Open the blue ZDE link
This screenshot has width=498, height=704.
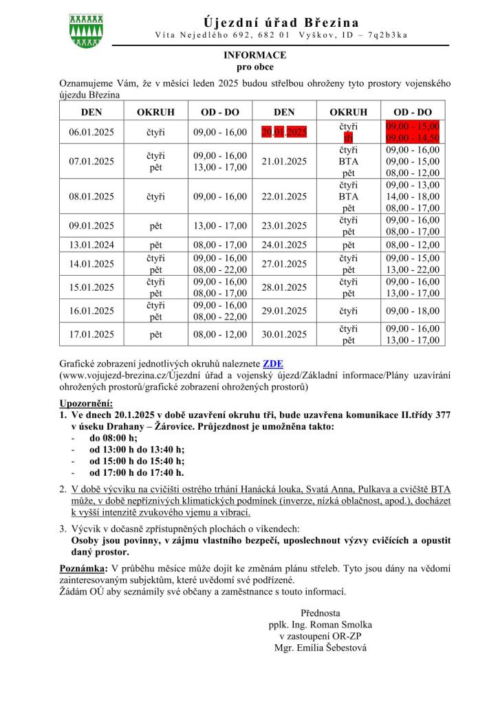coord(273,364)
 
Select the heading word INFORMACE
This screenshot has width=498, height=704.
coord(255,55)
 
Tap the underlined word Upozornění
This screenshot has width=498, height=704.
coord(86,404)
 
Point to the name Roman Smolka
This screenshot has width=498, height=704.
coord(344,625)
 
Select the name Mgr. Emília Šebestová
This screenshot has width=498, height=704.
coord(320,648)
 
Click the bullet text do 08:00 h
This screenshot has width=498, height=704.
coord(113,438)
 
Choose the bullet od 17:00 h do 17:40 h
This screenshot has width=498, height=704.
coord(136,472)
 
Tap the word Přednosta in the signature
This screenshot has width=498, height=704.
coord(320,613)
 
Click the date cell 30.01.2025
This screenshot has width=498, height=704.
coord(284,335)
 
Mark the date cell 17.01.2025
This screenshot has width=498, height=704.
coord(91,335)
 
